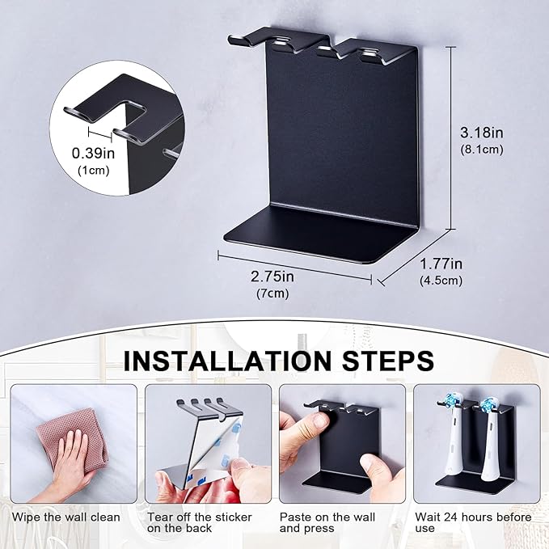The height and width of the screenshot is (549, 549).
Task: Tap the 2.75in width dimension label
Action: point(272,277)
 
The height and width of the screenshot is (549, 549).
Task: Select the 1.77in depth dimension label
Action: point(441,264)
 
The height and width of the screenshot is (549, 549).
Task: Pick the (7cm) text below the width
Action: point(272,293)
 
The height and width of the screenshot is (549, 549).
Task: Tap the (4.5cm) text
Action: point(441,281)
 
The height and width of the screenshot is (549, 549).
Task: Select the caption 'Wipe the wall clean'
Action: point(66,517)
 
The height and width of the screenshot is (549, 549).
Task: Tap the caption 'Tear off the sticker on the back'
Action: point(199,522)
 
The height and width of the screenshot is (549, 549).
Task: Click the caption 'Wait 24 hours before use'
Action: point(472,522)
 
